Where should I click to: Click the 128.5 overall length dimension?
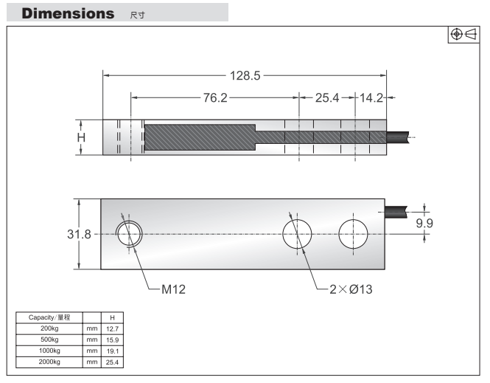click(245, 75)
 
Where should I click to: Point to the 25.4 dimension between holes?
click(326, 99)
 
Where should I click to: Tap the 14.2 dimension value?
click(371, 99)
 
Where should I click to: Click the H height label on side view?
click(82, 137)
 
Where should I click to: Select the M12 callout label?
click(175, 289)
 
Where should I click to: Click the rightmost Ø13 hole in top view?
click(353, 233)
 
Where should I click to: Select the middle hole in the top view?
click(298, 233)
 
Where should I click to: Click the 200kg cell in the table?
click(49, 328)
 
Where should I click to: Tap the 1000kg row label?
click(49, 352)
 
